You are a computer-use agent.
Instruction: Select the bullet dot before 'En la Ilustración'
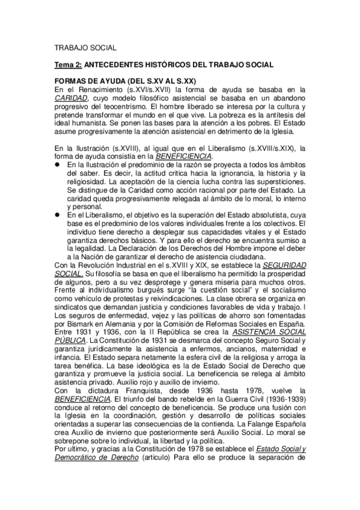pyautogui.click(x=58, y=164)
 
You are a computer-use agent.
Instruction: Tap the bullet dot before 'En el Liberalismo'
pyautogui.click(x=58, y=215)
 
